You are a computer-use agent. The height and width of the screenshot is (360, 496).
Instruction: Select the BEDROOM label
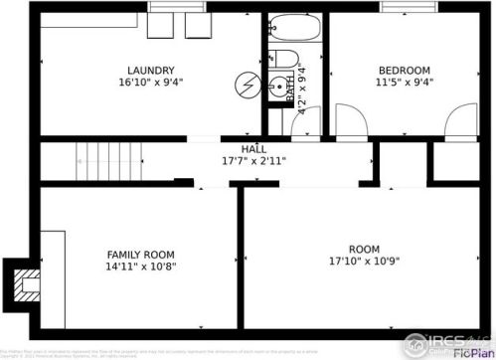(404, 70)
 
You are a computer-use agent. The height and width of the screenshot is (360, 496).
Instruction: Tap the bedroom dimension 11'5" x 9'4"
(404, 83)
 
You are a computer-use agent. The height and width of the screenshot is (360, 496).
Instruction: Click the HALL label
(253, 148)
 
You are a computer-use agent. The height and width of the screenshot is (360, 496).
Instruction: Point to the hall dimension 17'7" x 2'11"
(253, 160)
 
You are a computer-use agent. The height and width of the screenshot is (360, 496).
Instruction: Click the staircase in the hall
(109, 159)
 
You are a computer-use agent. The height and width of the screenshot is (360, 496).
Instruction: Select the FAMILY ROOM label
(141, 255)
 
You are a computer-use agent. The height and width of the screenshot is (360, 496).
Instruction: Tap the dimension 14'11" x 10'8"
(141, 268)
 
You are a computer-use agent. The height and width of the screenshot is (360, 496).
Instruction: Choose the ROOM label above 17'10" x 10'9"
(364, 249)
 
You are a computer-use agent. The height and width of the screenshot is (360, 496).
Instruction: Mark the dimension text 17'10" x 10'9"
(364, 262)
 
